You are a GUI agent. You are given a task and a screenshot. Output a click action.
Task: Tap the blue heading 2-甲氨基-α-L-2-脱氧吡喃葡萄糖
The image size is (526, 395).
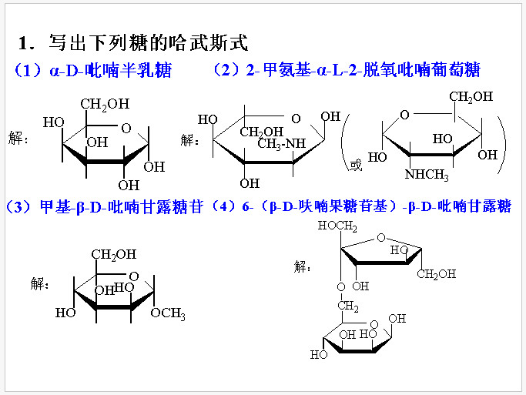363,71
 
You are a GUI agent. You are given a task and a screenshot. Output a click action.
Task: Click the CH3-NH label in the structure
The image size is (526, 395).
282,143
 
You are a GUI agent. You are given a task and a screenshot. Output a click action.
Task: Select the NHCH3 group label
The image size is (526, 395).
427,174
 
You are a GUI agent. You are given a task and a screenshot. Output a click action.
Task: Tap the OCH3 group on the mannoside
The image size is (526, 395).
168,313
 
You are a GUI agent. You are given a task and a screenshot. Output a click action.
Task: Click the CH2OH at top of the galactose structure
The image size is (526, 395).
106,104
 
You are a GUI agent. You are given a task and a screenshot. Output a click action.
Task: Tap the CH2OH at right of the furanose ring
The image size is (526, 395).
437,274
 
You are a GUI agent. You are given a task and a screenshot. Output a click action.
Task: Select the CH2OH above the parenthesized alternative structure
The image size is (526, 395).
471,97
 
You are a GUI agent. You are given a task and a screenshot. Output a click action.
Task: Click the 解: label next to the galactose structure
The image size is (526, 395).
16,140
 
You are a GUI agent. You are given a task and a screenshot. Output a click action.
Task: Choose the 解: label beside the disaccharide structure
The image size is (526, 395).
304,266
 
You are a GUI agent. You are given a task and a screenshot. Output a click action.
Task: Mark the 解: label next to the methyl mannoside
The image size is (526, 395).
40,283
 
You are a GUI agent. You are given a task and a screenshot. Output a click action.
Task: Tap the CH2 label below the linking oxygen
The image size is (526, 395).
347,307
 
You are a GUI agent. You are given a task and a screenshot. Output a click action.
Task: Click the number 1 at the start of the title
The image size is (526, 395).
23,43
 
